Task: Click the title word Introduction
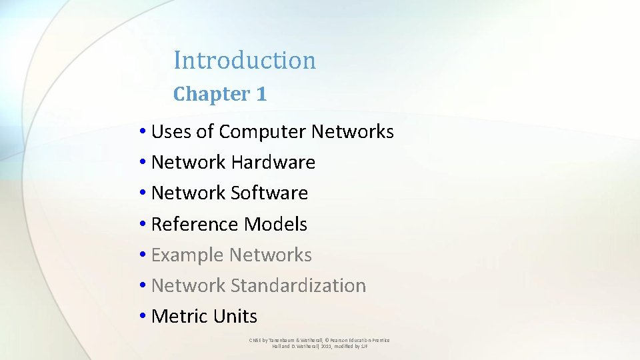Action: click(244, 60)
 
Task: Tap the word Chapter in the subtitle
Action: click(211, 94)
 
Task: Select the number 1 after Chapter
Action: click(261, 94)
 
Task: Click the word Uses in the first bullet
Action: click(171, 132)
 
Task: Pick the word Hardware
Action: click(273, 162)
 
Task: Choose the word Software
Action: click(269, 193)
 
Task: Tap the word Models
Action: click(275, 224)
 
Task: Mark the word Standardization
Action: click(298, 285)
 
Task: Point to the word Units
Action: click(236, 316)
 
